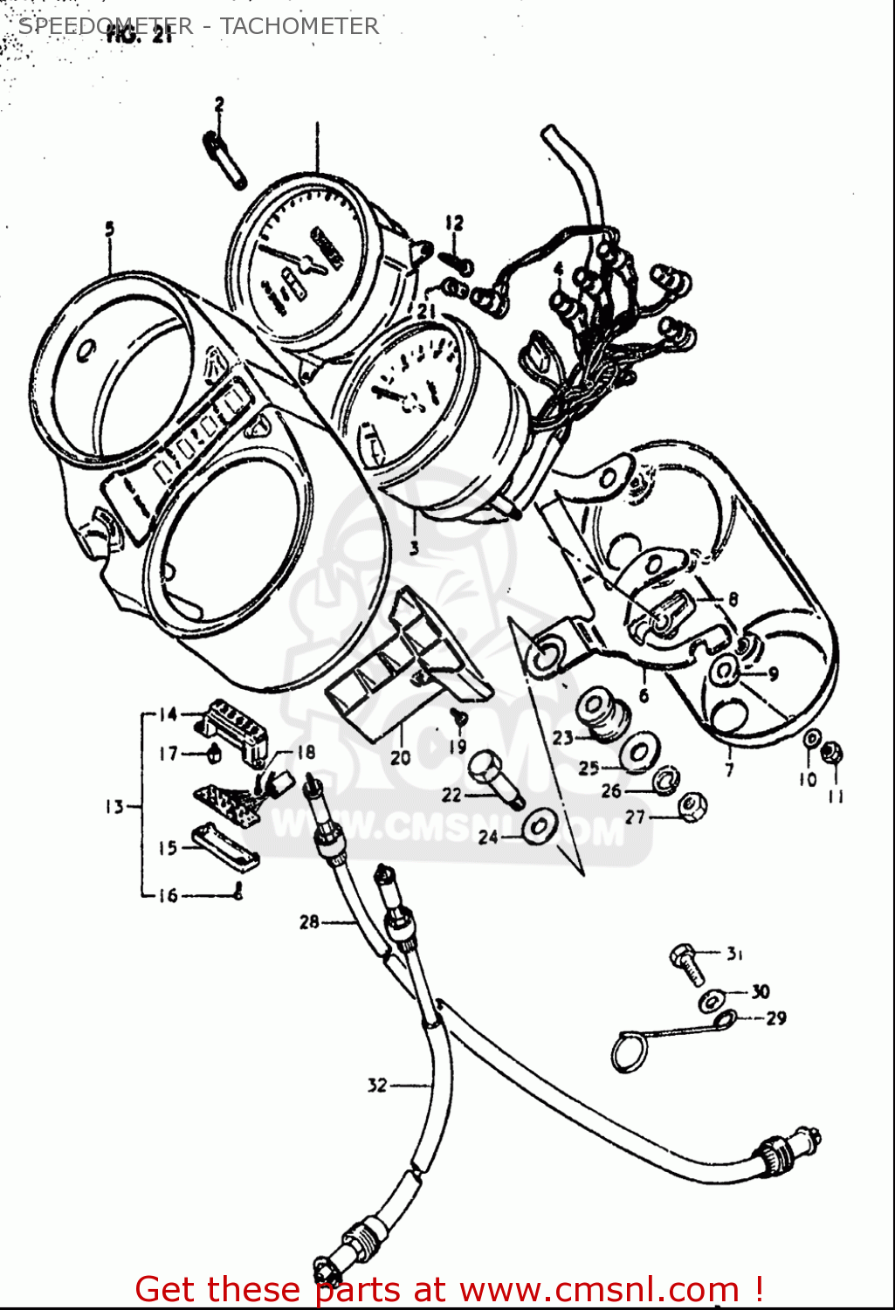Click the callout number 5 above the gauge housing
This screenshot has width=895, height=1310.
[x=109, y=229]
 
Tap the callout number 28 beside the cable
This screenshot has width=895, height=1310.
[x=309, y=921]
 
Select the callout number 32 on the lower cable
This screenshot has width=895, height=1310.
[x=377, y=1086]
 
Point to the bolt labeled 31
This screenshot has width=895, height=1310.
[x=685, y=959]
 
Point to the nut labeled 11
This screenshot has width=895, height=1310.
[x=834, y=751]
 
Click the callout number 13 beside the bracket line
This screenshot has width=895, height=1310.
[x=115, y=807]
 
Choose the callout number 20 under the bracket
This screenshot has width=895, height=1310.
[x=400, y=757]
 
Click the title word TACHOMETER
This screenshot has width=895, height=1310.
[x=299, y=26]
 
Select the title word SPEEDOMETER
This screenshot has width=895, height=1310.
[x=105, y=26]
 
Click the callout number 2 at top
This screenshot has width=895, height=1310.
[x=219, y=105]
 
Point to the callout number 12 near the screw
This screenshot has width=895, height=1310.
[x=453, y=224]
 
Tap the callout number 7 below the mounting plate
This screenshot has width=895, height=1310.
[x=729, y=769]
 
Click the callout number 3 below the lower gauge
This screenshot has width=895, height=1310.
[x=413, y=548]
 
